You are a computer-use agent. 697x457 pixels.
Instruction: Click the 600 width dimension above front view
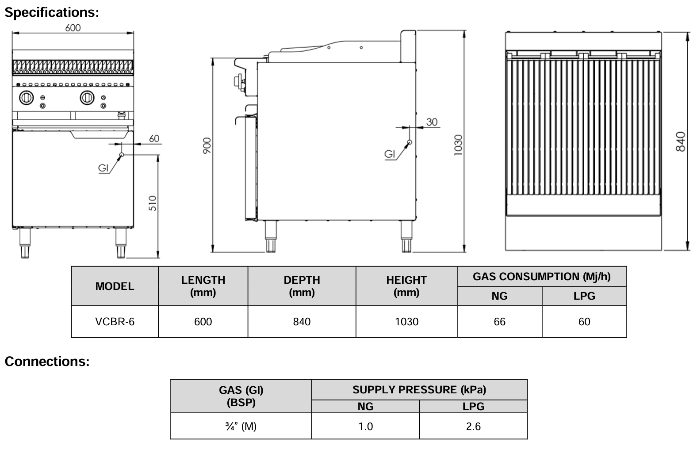pos(73,28)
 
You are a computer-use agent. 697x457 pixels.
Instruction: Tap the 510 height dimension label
pos(153,203)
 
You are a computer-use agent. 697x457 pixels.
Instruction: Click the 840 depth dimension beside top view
pos(681,141)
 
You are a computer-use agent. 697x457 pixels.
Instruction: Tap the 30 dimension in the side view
pos(432,122)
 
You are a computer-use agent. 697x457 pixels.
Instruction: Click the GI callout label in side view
pos(390,154)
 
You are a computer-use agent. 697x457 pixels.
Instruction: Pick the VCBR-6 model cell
pos(115,322)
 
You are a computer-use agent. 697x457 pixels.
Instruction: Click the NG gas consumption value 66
pos(499,322)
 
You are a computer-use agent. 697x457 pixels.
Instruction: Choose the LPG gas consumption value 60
pos(584,322)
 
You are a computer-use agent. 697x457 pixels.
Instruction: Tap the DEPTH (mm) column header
pos(302,286)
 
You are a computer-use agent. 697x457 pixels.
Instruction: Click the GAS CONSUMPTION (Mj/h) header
pos(541,277)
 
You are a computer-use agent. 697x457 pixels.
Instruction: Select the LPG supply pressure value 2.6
pos(473,427)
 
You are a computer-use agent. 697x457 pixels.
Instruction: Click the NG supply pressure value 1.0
pos(365,427)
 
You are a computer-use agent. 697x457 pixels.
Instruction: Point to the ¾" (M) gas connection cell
pos(241,427)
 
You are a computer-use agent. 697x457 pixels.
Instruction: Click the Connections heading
pos(47,362)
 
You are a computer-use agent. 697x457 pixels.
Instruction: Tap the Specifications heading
pos(52,12)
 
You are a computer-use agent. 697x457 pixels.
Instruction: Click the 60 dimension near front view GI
pos(154,139)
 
